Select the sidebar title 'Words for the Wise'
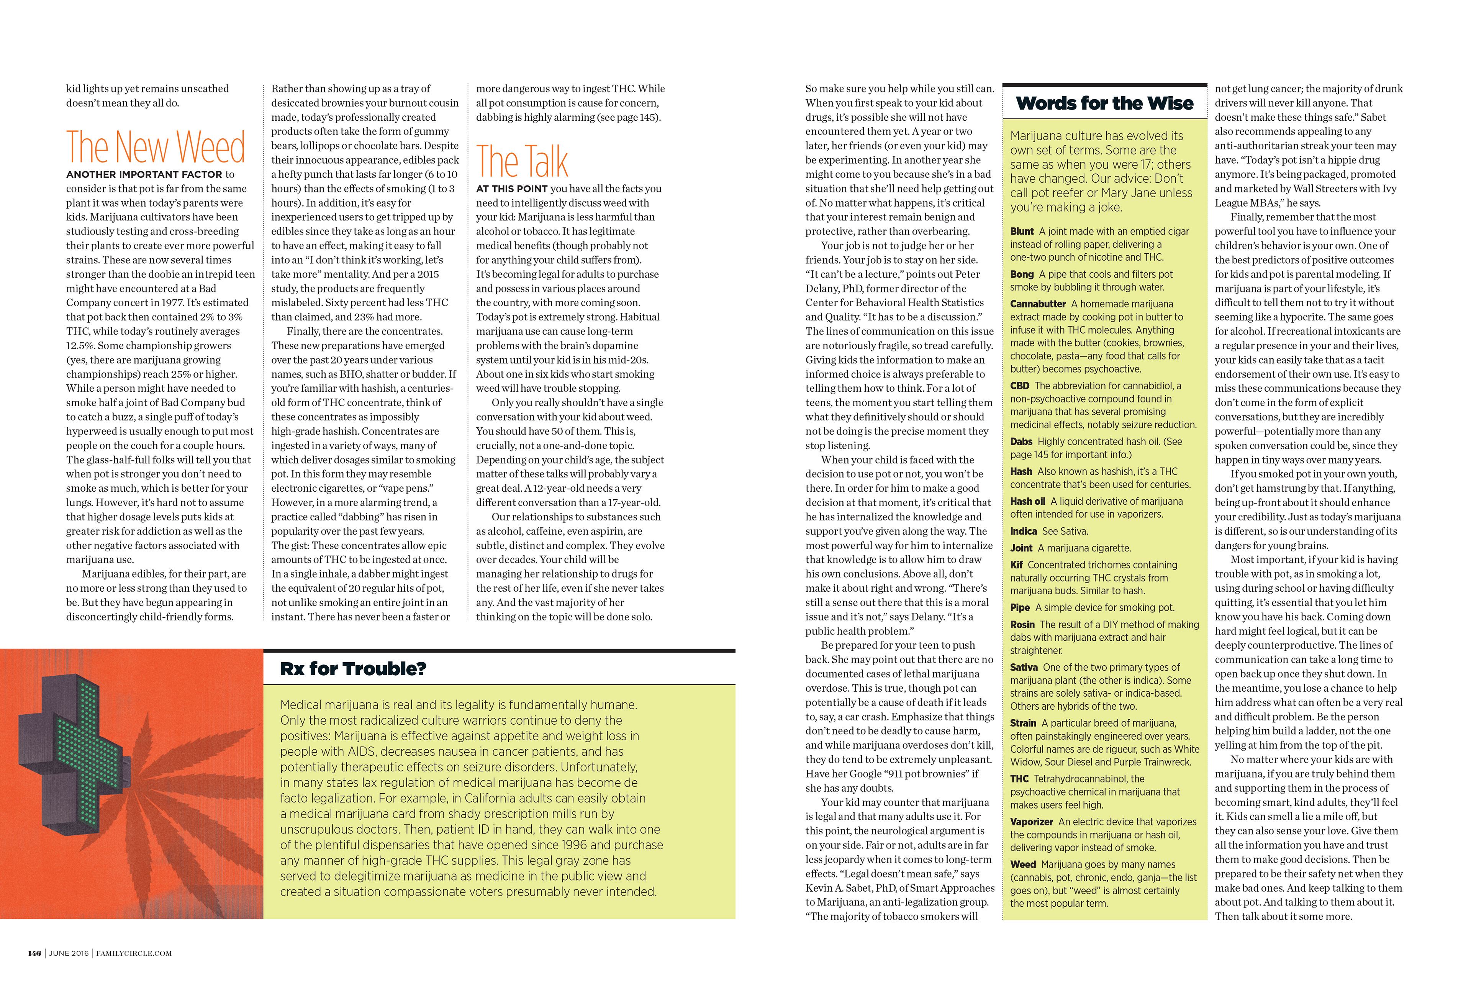coord(1104,103)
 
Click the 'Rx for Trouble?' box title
coord(353,669)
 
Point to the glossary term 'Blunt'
coord(1022,231)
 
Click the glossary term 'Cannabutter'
coord(1038,304)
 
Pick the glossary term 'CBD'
coord(1019,386)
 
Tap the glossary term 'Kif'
coord(1016,565)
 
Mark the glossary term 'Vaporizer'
coord(1031,822)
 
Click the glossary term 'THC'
coord(1019,779)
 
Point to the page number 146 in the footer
coord(34,953)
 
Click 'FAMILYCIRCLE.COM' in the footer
coord(134,953)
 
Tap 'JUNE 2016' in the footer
coord(69,953)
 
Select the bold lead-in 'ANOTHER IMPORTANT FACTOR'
coord(144,175)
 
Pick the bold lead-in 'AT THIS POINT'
coord(512,189)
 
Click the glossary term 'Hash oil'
coord(1027,501)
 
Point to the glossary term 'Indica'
coord(1023,531)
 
